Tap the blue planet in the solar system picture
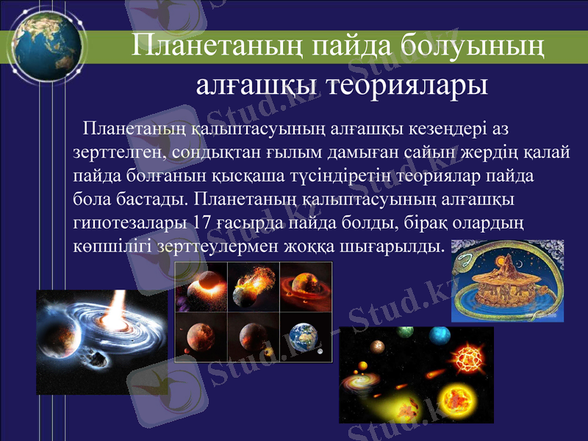pos(440,336)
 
